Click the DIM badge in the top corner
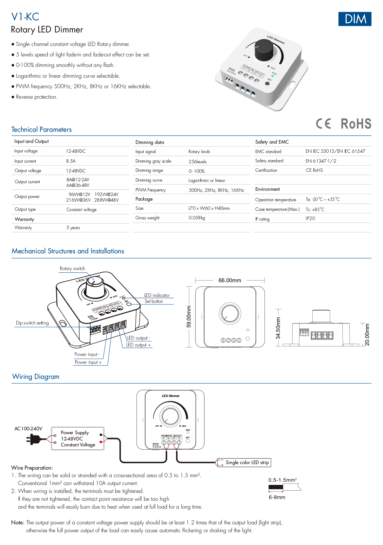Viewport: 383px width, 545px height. click(x=355, y=19)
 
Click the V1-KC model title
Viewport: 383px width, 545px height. click(x=25, y=17)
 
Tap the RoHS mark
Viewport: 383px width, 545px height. click(x=356, y=124)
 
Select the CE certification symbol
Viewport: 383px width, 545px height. click(x=323, y=124)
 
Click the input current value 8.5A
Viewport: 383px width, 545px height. click(x=71, y=161)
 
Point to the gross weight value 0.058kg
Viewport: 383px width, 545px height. click(x=197, y=218)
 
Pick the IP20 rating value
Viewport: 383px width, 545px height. click(x=310, y=218)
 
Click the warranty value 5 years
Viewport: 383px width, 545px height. click(x=73, y=228)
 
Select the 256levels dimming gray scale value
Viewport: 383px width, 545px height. click(x=197, y=162)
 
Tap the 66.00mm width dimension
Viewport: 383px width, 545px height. click(x=230, y=281)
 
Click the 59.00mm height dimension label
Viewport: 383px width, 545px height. click(x=189, y=316)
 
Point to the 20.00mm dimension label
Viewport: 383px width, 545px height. click(x=367, y=335)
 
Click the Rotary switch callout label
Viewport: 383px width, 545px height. click(x=72, y=268)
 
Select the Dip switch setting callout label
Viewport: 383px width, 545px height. click(x=32, y=323)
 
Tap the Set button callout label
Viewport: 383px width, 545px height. click(x=154, y=301)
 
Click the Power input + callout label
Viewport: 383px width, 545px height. click(x=88, y=362)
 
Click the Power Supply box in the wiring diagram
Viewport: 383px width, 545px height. click(x=78, y=438)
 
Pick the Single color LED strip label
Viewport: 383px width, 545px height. click(x=247, y=462)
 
